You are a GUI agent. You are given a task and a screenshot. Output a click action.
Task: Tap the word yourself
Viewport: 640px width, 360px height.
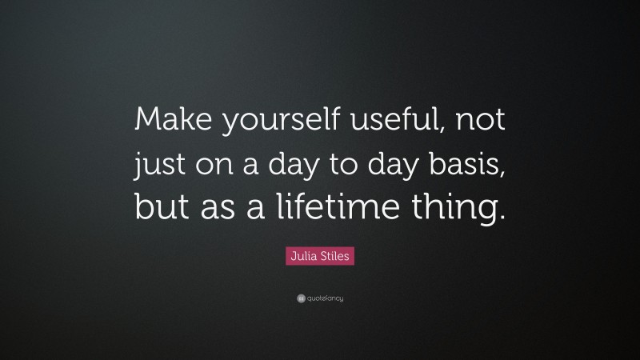262,124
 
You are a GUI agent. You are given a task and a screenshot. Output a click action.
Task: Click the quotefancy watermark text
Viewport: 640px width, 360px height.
325,298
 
